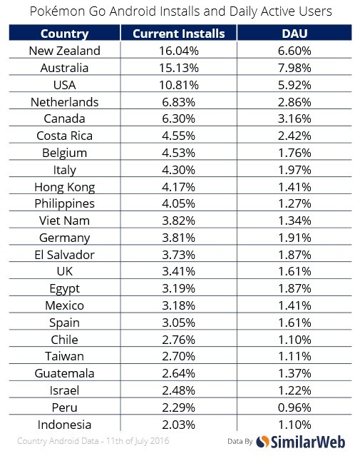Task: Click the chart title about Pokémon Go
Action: point(180,11)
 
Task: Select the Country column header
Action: point(64,34)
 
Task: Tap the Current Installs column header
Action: point(179,34)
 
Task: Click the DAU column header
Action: point(294,34)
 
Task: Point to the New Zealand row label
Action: point(64,51)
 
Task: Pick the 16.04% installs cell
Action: point(179,51)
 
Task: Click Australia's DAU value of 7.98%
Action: point(294,68)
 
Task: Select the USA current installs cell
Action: point(179,85)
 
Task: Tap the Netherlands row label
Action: point(64,102)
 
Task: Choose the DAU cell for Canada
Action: point(294,118)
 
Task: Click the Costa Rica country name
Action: point(64,136)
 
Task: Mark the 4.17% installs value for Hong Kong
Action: point(179,187)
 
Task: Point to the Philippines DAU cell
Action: point(294,204)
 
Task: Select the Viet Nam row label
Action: point(64,221)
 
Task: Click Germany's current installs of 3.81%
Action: point(179,238)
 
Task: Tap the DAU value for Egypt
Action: point(294,288)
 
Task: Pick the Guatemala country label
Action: point(64,373)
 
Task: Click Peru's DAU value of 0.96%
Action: point(294,407)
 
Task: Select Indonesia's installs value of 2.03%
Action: point(179,425)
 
